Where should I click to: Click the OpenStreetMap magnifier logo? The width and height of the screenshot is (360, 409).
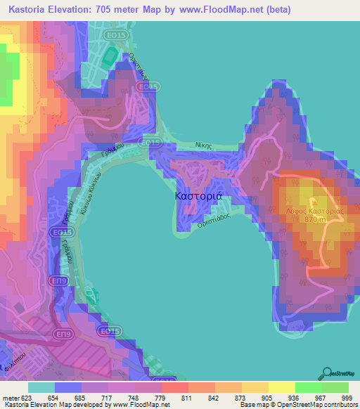tap(326, 372)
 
